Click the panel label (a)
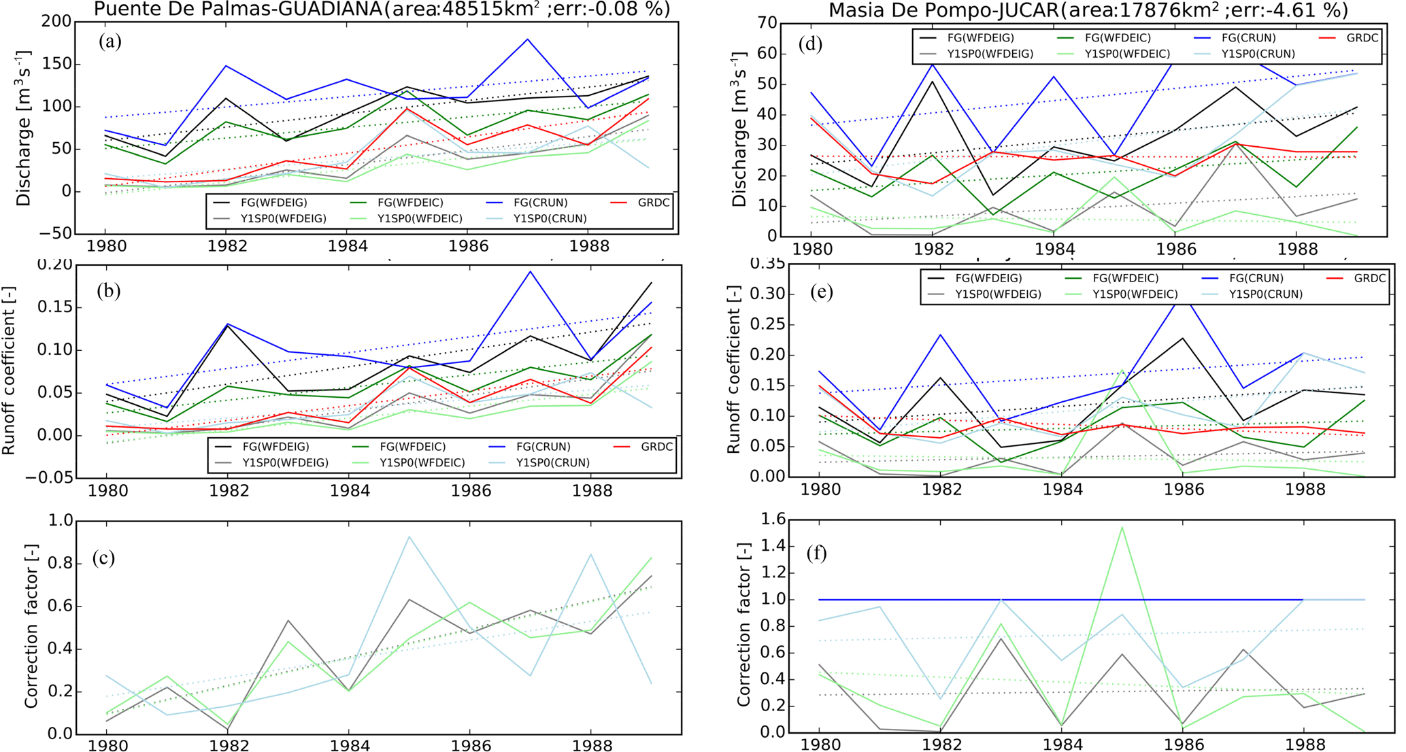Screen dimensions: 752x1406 [x=110, y=42]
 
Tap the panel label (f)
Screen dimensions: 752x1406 [x=816, y=553]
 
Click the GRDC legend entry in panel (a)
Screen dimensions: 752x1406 [x=654, y=203]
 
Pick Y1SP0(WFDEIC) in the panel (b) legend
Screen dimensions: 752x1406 [x=422, y=462]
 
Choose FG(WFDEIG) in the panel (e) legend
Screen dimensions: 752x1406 [x=988, y=278]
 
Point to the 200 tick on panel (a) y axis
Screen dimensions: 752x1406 [x=57, y=22]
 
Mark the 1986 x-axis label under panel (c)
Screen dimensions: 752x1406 [x=469, y=744]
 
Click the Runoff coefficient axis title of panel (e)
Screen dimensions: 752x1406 [x=734, y=369]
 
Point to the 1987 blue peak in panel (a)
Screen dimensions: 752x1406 [x=528, y=39]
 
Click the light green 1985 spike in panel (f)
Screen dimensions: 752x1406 [x=1122, y=527]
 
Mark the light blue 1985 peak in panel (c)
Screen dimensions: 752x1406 [x=409, y=536]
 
